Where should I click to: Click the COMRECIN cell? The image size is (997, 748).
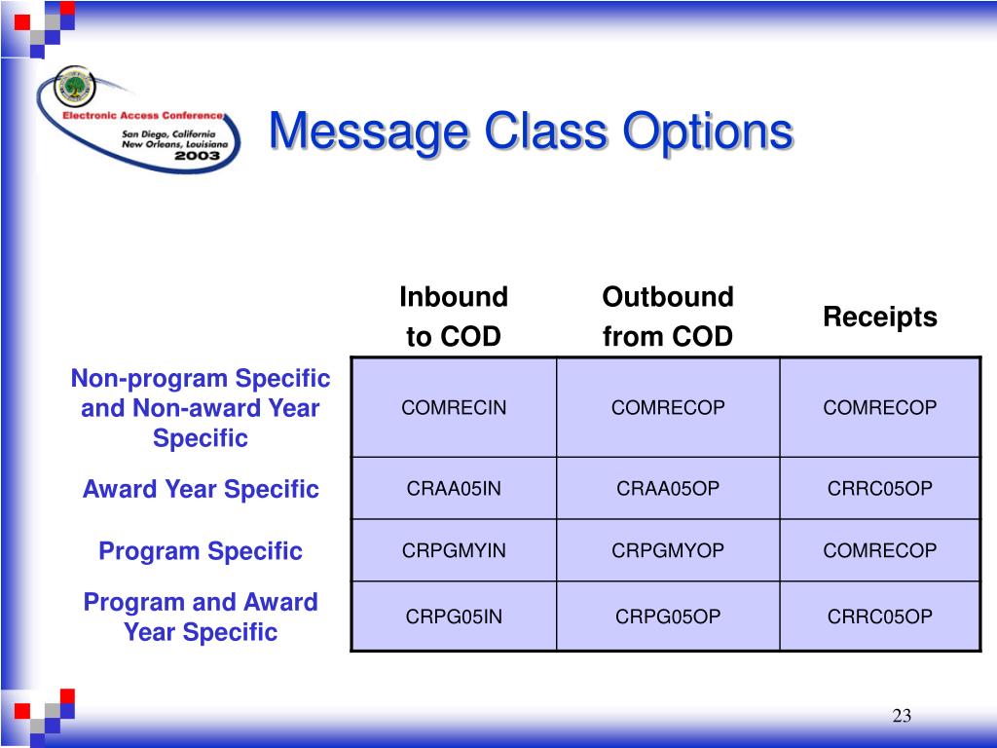pyautogui.click(x=454, y=407)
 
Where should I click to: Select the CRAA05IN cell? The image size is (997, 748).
pyautogui.click(x=454, y=488)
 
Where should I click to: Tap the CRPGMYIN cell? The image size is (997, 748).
pyautogui.click(x=454, y=550)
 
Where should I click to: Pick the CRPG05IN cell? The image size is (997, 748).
pyautogui.click(x=454, y=616)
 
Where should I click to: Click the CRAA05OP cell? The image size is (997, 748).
pyautogui.click(x=668, y=488)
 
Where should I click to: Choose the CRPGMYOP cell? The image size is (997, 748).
pyautogui.click(x=668, y=550)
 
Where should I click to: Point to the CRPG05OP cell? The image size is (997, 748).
pyautogui.click(x=668, y=616)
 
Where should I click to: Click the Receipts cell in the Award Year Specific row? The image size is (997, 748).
pyautogui.click(x=880, y=488)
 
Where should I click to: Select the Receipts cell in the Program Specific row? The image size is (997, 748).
pyautogui.click(x=880, y=550)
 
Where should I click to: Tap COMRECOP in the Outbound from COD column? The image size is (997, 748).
pyautogui.click(x=668, y=407)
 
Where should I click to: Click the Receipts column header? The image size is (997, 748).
pyautogui.click(x=880, y=317)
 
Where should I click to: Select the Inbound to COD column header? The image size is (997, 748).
pyautogui.click(x=454, y=317)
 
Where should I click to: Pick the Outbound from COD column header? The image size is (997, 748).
pyautogui.click(x=668, y=317)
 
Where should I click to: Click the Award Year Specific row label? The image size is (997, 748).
pyautogui.click(x=201, y=489)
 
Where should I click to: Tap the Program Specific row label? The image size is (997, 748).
pyautogui.click(x=201, y=551)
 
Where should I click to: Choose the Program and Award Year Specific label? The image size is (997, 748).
pyautogui.click(x=201, y=617)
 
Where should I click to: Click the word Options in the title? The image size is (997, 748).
pyautogui.click(x=708, y=132)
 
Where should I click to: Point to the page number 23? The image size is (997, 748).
pyautogui.click(x=902, y=716)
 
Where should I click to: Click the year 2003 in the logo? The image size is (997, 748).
pyautogui.click(x=197, y=155)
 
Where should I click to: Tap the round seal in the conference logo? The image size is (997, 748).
pyautogui.click(x=74, y=87)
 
